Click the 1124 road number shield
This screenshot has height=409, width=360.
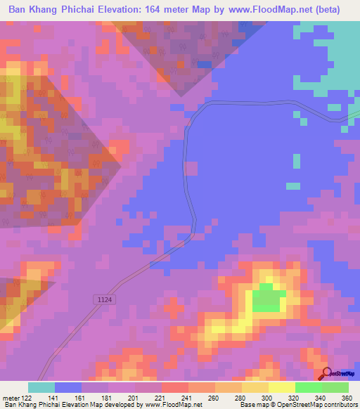(x=104, y=299)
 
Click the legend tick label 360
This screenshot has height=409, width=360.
(x=347, y=398)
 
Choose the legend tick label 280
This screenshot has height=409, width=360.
(x=243, y=398)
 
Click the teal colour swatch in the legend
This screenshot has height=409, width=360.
(x=41, y=387)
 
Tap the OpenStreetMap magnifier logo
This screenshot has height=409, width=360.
(x=328, y=373)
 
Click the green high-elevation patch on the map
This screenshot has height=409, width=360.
(x=266, y=298)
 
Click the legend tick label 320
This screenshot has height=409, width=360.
(x=295, y=398)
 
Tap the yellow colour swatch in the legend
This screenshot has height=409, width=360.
(x=281, y=387)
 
